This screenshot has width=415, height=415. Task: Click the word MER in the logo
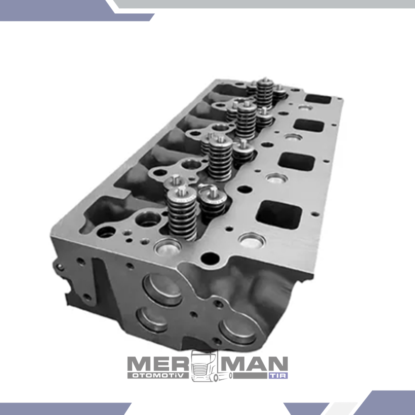(158, 364)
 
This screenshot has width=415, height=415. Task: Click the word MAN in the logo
(254, 364)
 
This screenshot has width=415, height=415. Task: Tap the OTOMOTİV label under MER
(158, 376)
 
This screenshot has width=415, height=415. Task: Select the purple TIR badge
(278, 376)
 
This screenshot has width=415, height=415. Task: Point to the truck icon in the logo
(209, 366)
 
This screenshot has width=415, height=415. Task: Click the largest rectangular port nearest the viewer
(279, 215)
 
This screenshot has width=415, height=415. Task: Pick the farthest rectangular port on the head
(318, 99)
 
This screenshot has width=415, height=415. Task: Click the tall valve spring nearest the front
(182, 213)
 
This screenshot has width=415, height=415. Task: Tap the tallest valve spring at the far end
(265, 93)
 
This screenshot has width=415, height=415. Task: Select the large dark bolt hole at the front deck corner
(210, 258)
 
